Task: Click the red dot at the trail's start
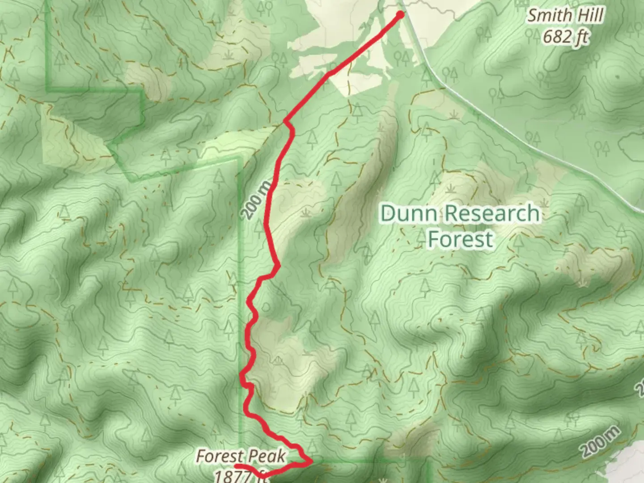400,15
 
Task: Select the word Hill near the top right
589,16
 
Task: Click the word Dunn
408,214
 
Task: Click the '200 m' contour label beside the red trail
258,199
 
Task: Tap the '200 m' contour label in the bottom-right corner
601,441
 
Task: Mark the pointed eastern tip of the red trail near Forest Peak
311,460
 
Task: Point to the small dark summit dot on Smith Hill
618,77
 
